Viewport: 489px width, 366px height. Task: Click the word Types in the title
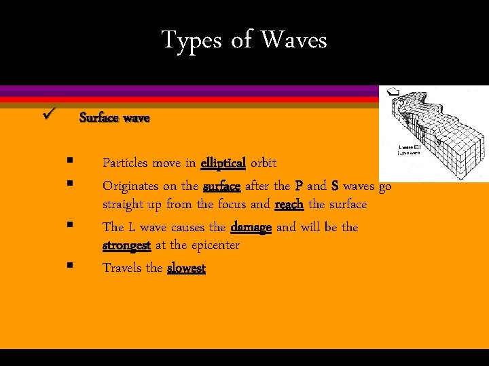tap(192, 40)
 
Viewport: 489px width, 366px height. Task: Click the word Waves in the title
tap(294, 40)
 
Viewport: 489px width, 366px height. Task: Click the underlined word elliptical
tap(223, 163)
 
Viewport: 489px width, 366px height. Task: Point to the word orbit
tap(264, 163)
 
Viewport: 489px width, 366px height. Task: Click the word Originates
tap(131, 186)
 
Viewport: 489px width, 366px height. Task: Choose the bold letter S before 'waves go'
tap(334, 186)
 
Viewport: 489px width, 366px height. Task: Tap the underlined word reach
tap(289, 204)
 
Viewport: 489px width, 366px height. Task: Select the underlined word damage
tap(251, 227)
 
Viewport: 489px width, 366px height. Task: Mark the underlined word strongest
tap(127, 245)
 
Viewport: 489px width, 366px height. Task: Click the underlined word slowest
tap(186, 268)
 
